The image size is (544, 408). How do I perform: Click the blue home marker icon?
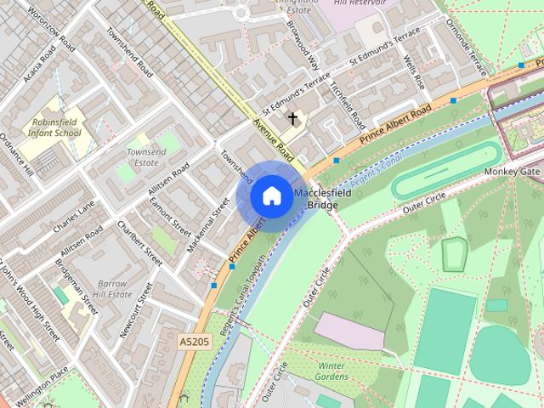(x=271, y=195)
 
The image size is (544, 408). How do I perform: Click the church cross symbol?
(x=294, y=118)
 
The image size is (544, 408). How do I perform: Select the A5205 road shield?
(x=194, y=341)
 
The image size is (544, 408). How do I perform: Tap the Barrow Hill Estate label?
(x=113, y=288)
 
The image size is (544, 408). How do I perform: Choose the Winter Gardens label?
(x=331, y=371)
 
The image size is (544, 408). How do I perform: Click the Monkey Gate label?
(x=513, y=172)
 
